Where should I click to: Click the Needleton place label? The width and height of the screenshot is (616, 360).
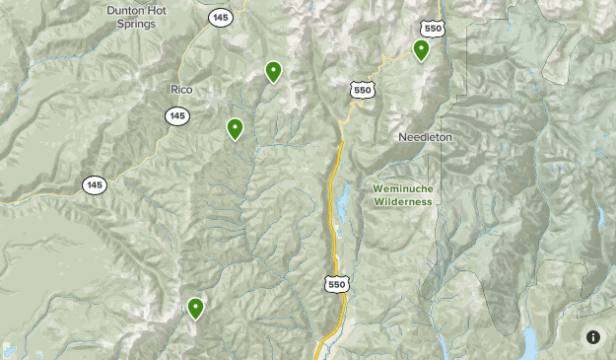(426, 137)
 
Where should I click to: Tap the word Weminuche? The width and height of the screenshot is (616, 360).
(403, 187)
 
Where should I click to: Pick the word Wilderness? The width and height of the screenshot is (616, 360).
(403, 201)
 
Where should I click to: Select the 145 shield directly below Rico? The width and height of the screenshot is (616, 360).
(177, 116)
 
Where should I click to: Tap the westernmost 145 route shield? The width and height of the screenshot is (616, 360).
(94, 184)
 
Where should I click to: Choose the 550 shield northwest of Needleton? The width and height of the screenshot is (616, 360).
(362, 90)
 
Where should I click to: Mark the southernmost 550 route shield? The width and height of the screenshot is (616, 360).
(336, 284)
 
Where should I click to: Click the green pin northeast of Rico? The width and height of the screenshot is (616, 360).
(273, 71)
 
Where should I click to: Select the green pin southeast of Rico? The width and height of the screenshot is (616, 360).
(236, 128)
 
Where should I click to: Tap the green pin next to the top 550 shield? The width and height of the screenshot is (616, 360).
(421, 49)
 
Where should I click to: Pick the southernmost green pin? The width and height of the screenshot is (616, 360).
(196, 309)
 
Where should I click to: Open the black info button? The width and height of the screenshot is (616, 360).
(593, 337)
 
